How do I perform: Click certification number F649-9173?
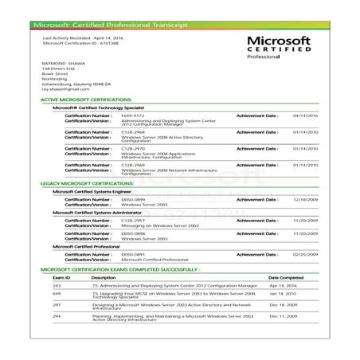tap(132, 115)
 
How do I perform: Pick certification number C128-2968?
tap(132, 131)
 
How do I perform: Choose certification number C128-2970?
tap(132, 147)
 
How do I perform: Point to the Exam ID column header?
tap(61, 277)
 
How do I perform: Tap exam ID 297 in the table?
tap(56, 305)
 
